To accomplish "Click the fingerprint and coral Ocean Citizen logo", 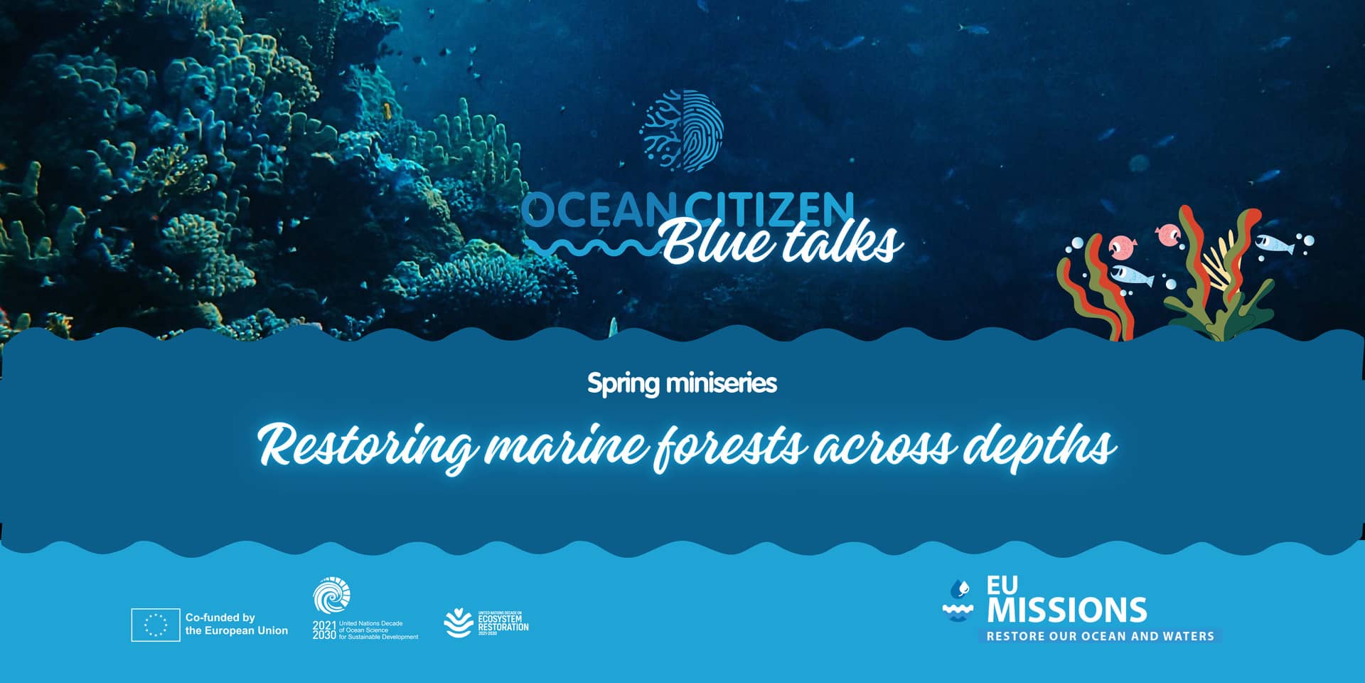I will point(682,131).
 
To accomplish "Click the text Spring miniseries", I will point(682,383).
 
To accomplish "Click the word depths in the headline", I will point(1038,447).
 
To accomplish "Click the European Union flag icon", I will point(155,625).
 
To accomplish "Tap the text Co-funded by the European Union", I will point(236,624).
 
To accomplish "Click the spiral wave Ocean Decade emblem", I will point(332,595).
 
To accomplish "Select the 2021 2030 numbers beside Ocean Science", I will point(324,630).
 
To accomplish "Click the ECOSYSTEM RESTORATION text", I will point(503,623).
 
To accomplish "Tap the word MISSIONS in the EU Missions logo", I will point(1066,610).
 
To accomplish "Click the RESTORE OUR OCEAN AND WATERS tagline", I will point(1100,636).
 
